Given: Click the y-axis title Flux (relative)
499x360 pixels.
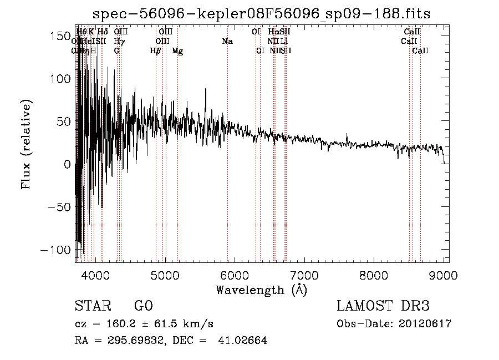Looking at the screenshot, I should tap(27, 144).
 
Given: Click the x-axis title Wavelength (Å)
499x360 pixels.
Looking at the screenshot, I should tap(261, 290).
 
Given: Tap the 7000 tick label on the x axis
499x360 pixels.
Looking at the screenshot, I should tap(304, 275).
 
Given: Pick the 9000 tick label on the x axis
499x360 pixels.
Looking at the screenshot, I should tap(444, 275).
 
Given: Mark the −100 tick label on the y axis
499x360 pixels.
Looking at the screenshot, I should tap(56, 250).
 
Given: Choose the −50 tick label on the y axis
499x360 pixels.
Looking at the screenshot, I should tap(59, 207).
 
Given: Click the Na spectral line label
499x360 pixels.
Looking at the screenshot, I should tap(227, 42).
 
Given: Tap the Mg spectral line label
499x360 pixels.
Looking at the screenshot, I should tap(177, 51).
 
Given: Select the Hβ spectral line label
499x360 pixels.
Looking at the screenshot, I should tap(156, 51).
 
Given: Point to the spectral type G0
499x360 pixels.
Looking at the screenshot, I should tap(143, 306).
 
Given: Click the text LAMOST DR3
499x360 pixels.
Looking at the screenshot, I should tap(383, 306).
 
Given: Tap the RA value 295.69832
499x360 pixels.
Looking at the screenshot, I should tap(136, 341).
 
